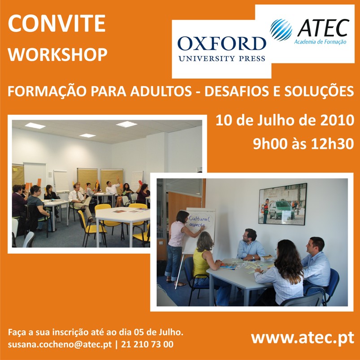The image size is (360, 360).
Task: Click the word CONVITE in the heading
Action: [x=56, y=23]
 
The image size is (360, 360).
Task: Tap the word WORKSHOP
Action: [x=58, y=55]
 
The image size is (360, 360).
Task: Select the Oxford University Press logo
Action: [x=222, y=49]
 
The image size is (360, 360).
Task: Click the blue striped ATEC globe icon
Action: [x=281, y=30]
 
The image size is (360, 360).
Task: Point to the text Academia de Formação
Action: [x=320, y=42]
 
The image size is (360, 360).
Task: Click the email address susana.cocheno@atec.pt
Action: [x=60, y=345]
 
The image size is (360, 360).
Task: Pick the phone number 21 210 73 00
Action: [x=147, y=344]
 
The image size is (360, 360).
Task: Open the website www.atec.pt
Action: [x=303, y=338]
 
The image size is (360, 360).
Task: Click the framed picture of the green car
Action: [x=282, y=204]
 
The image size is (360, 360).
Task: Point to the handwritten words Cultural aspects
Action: [x=199, y=221]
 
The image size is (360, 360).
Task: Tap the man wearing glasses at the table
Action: [x=251, y=245]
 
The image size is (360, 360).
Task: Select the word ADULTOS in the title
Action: [x=161, y=91]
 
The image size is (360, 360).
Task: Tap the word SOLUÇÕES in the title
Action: [x=319, y=91]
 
